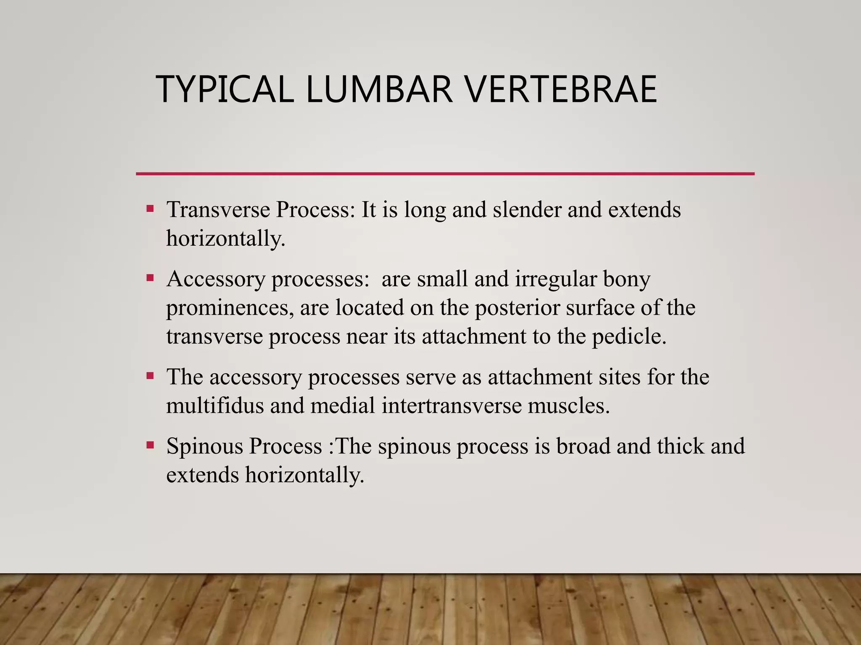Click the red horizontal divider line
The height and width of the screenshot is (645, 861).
tap(445, 173)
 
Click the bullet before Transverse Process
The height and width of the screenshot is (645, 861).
tap(150, 208)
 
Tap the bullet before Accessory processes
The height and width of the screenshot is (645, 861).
tap(150, 278)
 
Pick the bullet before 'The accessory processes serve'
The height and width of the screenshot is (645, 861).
tap(150, 375)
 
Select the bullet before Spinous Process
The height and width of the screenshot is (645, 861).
tap(150, 445)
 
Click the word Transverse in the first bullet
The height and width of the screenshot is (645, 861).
tap(218, 210)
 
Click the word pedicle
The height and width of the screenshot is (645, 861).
tap(629, 336)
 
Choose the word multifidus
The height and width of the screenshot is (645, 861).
tap(215, 406)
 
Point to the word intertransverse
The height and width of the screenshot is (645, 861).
tap(452, 406)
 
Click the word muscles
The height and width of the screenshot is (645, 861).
tap(568, 406)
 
